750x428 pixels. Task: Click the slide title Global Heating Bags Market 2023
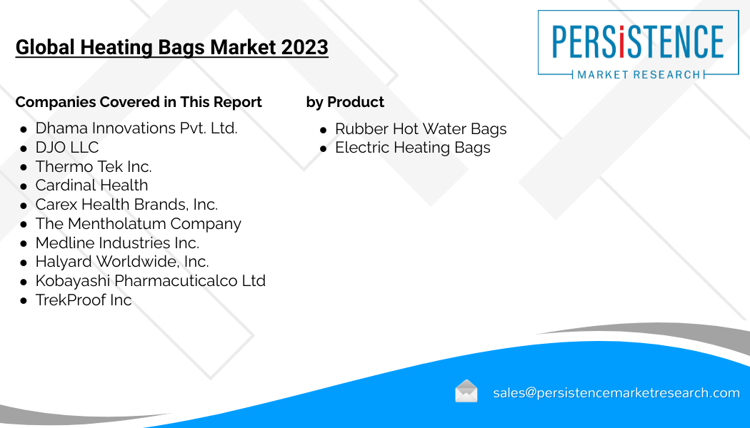click(171, 47)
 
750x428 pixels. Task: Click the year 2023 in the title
click(305, 47)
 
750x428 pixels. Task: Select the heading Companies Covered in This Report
click(139, 102)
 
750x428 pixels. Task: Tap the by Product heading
click(345, 102)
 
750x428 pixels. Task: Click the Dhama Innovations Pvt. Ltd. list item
click(136, 128)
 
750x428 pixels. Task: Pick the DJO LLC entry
click(67, 148)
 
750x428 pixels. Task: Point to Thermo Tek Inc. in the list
click(94, 167)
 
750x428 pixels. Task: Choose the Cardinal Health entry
click(92, 185)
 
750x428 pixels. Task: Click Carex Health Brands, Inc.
click(126, 205)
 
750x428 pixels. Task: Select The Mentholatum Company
click(139, 224)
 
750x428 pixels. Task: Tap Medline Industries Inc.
click(117, 243)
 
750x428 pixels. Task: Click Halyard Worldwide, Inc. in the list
click(122, 262)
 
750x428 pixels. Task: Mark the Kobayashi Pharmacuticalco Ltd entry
click(150, 281)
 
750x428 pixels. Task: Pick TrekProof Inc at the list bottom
click(84, 300)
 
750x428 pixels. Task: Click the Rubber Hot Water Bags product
click(421, 129)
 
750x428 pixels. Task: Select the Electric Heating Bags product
click(413, 148)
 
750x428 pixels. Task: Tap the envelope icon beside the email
click(466, 391)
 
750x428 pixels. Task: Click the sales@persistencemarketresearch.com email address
click(616, 392)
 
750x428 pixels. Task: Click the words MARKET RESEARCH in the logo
click(639, 74)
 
